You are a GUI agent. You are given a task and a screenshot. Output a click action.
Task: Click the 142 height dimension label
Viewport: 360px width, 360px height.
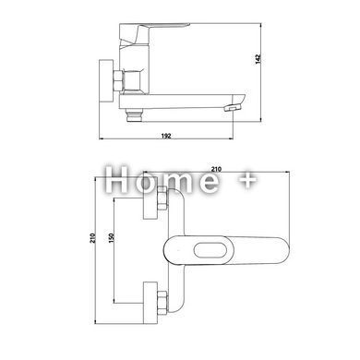click(x=258, y=59)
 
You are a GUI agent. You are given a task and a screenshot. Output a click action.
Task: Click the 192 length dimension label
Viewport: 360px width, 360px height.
click(x=166, y=136)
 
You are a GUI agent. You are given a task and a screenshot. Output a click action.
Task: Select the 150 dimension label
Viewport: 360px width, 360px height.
click(x=112, y=238)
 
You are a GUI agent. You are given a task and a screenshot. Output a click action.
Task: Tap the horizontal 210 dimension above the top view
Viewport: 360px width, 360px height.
click(x=216, y=169)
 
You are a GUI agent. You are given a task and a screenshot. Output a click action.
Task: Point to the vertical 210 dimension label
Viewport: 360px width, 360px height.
click(x=92, y=238)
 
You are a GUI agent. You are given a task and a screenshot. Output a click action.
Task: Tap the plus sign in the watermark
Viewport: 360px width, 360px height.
click(x=247, y=180)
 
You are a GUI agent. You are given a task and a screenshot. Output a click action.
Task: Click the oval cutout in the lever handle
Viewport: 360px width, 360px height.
click(x=211, y=249)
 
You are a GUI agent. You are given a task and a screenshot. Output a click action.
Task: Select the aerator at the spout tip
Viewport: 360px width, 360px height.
click(x=233, y=107)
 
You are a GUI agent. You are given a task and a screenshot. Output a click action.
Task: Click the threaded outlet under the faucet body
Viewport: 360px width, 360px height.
click(x=134, y=115)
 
